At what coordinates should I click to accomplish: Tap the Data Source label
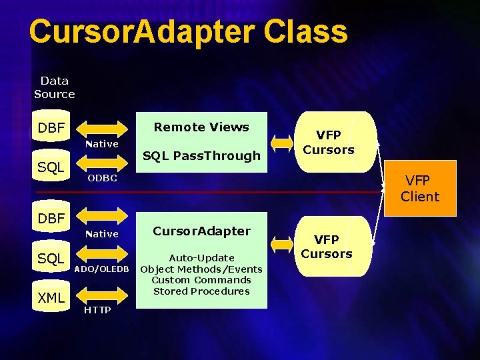click(x=55, y=87)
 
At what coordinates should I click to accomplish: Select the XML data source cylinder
click(x=51, y=297)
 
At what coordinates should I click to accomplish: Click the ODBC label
click(x=103, y=178)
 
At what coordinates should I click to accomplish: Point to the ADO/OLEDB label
click(x=101, y=269)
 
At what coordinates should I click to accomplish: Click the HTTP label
click(x=97, y=311)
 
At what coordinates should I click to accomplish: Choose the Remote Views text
click(x=201, y=127)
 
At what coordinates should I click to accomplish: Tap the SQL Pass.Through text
click(x=201, y=156)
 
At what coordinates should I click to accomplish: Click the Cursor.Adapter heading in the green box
click(x=201, y=231)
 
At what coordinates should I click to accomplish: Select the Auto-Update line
click(x=201, y=258)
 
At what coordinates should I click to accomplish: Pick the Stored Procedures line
click(x=201, y=291)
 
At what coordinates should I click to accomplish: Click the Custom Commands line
click(x=201, y=280)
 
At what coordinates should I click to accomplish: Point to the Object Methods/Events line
click(x=201, y=269)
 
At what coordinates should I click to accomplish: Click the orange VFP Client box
click(x=421, y=188)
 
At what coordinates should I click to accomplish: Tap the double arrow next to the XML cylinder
click(x=102, y=295)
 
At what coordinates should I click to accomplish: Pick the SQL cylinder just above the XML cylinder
click(x=51, y=258)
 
